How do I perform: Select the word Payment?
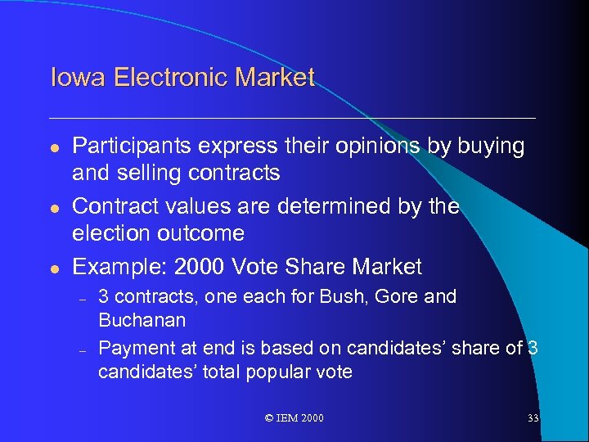coord(133,349)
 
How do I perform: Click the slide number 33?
coord(533,418)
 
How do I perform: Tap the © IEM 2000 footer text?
coord(294,418)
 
